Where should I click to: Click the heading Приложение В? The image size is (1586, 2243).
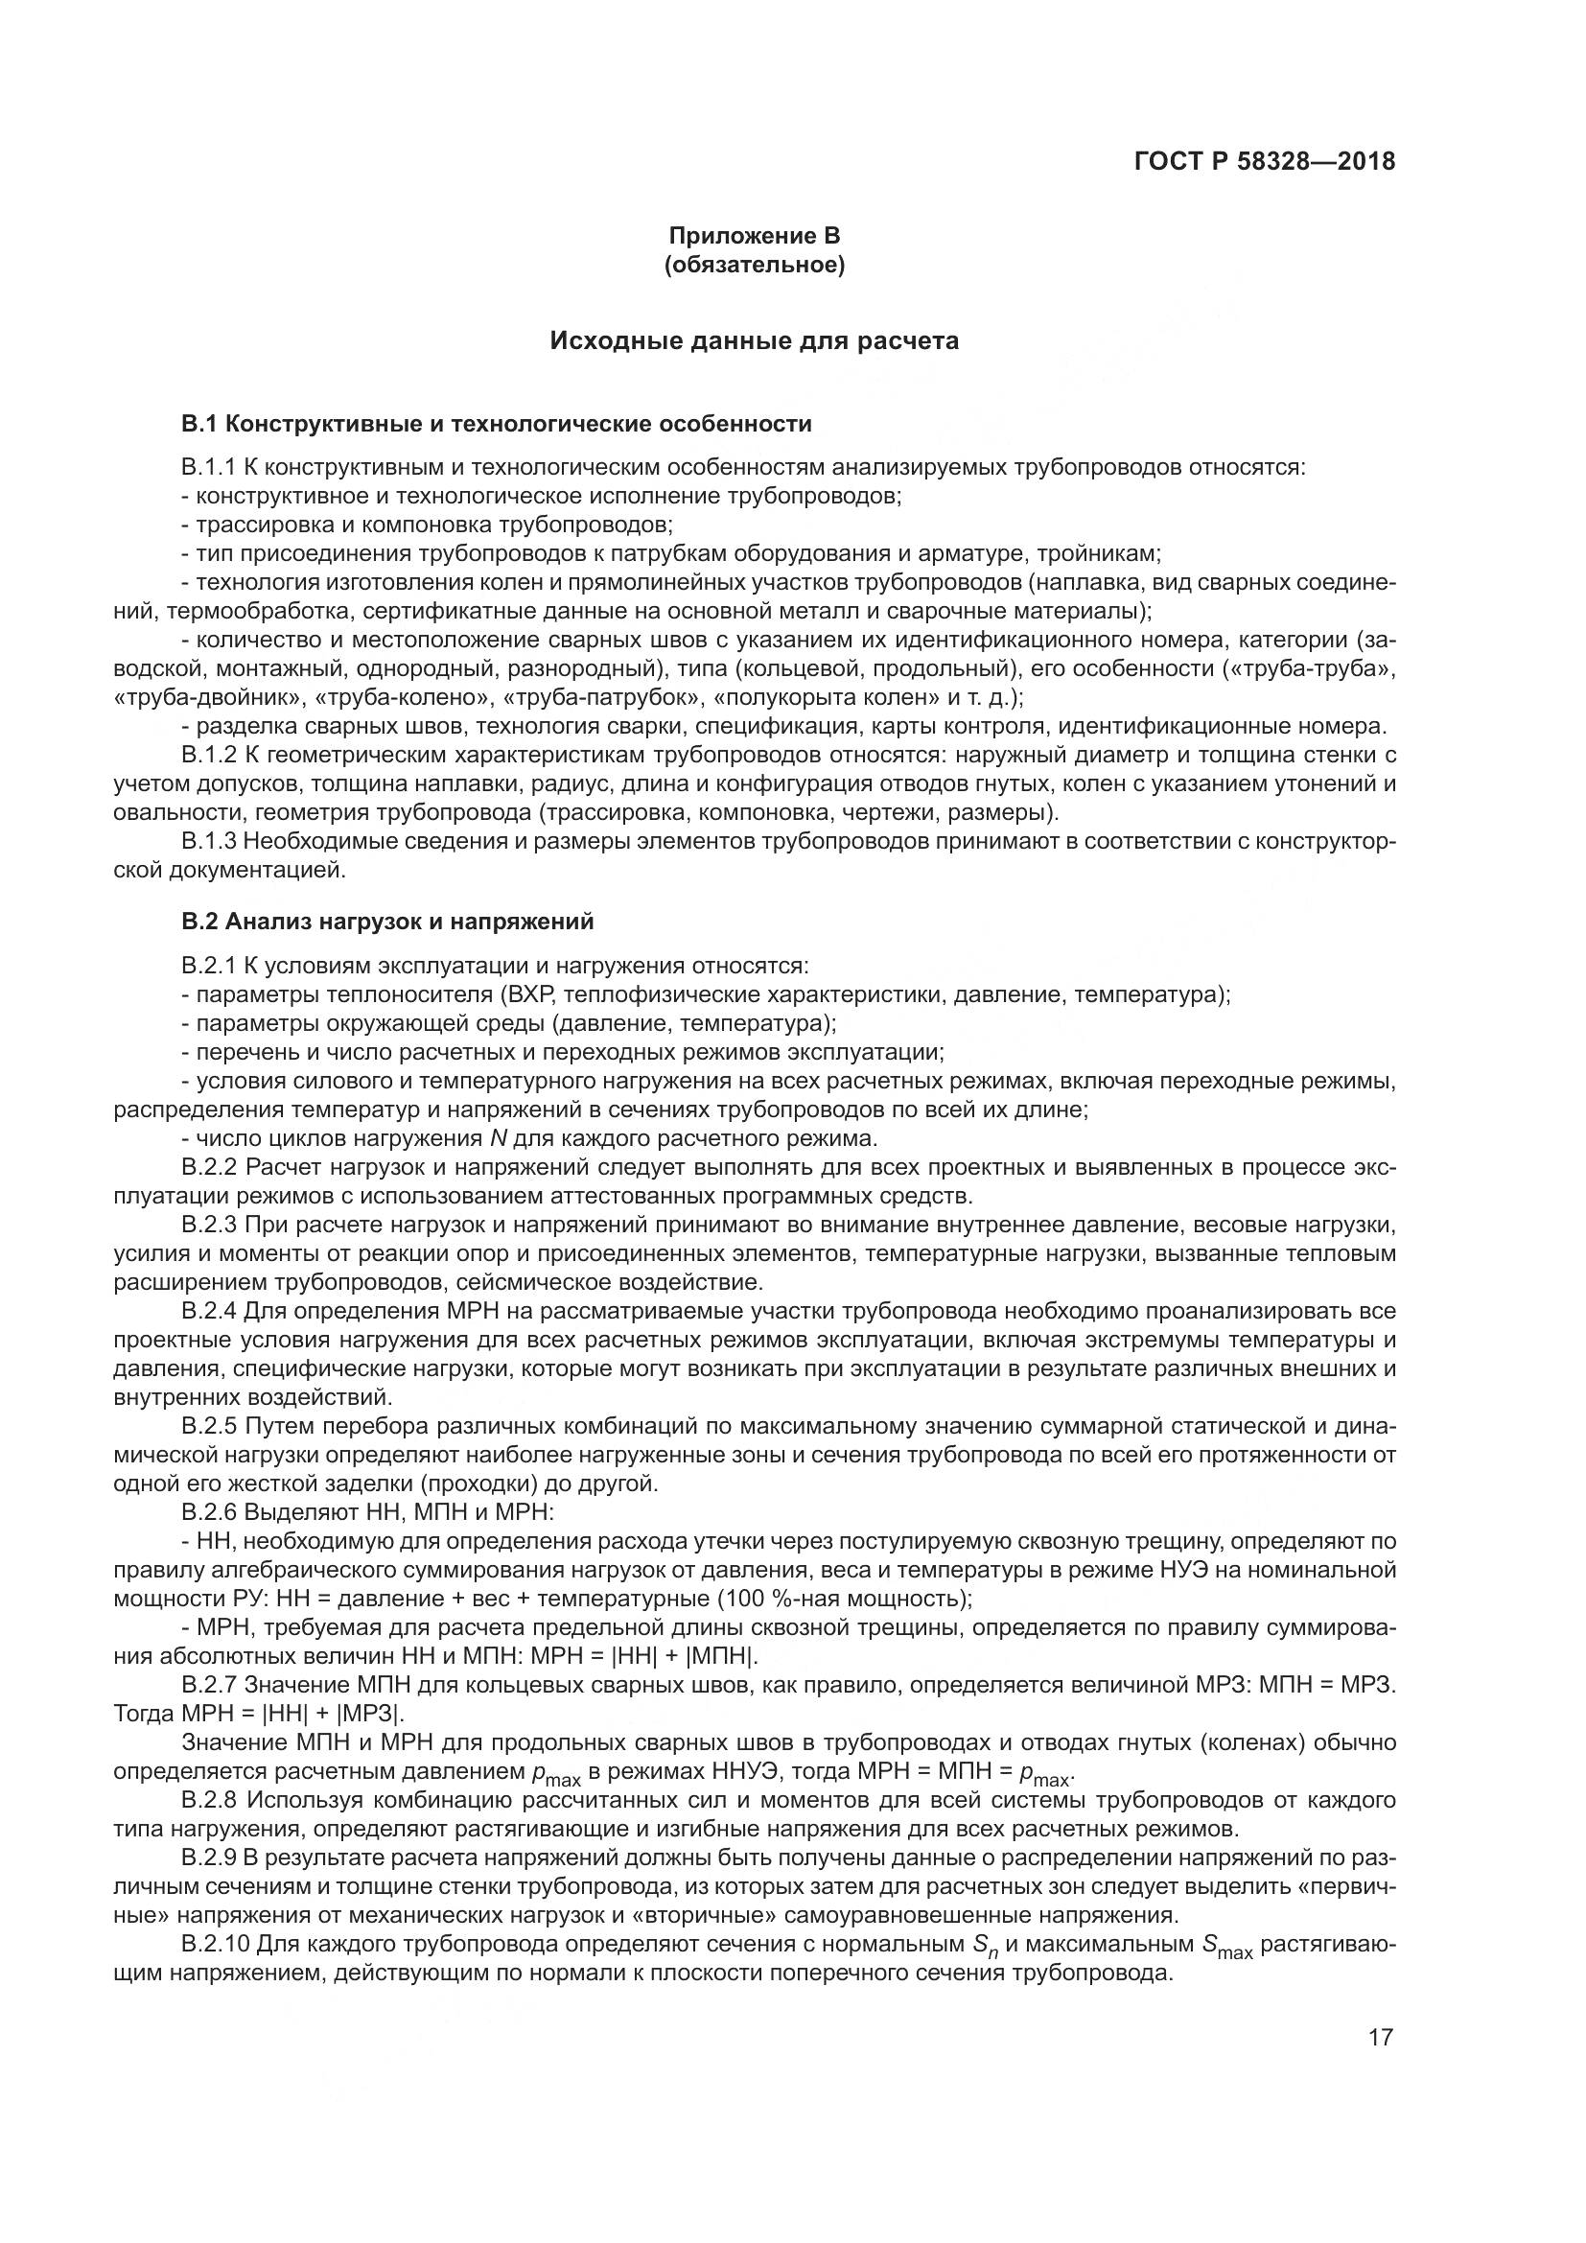(x=753, y=236)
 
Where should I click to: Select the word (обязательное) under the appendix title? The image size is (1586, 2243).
(x=753, y=265)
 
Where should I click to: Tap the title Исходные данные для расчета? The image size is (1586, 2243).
(x=753, y=341)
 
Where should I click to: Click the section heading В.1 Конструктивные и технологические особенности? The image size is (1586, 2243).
(x=496, y=424)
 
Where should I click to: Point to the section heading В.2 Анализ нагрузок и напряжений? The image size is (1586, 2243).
(x=386, y=922)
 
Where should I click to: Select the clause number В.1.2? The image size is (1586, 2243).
(x=209, y=755)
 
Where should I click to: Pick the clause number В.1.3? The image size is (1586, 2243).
(x=209, y=841)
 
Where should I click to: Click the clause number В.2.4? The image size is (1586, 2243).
(x=209, y=1310)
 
